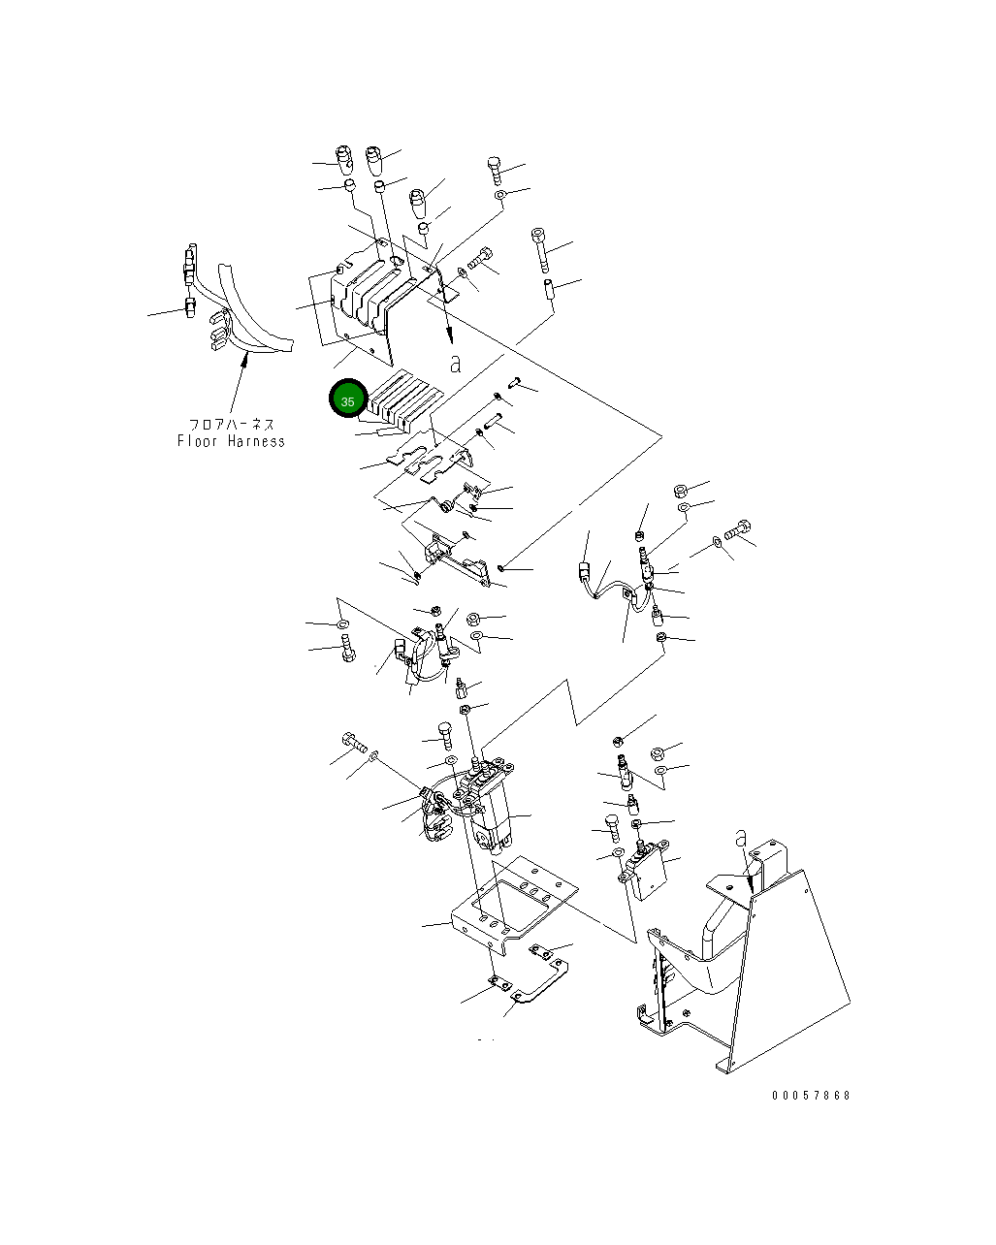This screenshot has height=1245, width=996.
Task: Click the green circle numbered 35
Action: [347, 400]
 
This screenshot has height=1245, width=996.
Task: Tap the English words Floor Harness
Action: [231, 441]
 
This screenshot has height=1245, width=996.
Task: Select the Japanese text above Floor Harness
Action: [232, 425]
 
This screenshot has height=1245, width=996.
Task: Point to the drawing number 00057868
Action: [811, 1096]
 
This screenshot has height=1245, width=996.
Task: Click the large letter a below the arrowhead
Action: [455, 364]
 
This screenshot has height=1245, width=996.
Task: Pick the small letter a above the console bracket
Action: [741, 837]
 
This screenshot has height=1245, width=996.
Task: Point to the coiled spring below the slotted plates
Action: [447, 505]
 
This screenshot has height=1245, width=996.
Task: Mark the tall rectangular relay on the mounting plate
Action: [493, 814]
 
